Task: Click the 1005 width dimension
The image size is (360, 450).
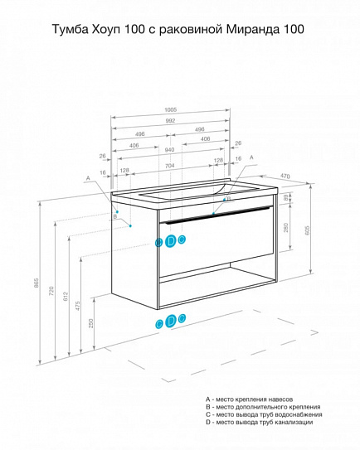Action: coord(170,110)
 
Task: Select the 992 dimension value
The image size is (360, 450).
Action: coord(170,121)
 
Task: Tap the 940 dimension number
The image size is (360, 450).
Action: coord(170,150)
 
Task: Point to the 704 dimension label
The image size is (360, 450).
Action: coord(170,166)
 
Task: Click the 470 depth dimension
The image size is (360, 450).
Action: coord(285,177)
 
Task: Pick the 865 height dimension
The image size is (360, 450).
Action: coord(36,283)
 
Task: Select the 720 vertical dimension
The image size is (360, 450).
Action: coord(51,291)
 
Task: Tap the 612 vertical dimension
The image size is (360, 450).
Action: coord(66,296)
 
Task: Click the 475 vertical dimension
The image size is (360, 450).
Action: coord(78,306)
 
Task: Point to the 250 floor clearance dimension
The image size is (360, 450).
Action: coord(91,323)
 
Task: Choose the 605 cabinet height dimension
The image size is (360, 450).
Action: coord(307,230)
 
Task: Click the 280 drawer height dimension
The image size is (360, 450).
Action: coord(286,228)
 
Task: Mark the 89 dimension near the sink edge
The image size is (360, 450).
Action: coord(286,198)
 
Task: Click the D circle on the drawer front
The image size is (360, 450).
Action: coord(171,241)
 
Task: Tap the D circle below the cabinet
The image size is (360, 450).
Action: coord(171,321)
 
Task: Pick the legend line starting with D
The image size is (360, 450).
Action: coord(259,422)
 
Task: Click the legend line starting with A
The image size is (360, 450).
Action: coord(249,399)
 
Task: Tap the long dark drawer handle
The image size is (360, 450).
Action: coord(216,214)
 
